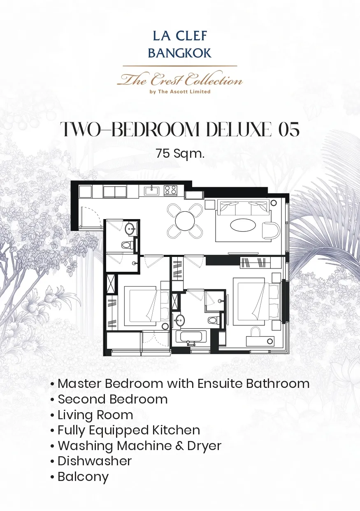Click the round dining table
click(185, 221)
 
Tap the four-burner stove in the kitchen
click(171, 190)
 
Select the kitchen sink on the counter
click(152, 191)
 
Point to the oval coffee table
click(243, 225)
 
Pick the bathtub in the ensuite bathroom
click(191, 337)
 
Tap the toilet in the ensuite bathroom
click(214, 320)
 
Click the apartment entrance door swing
click(90, 216)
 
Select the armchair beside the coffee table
click(271, 230)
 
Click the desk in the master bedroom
click(260, 341)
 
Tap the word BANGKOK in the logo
click(180, 53)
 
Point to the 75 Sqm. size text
click(180, 154)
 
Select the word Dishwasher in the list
click(95, 461)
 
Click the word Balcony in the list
click(83, 477)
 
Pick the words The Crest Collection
click(180, 79)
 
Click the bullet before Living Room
click(52, 415)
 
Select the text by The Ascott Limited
click(180, 92)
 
